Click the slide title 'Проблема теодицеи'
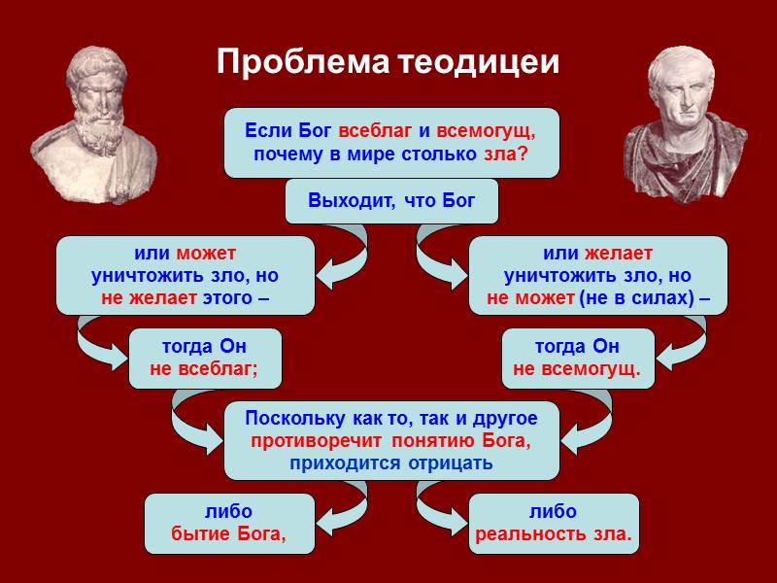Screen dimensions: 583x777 click(x=388, y=62)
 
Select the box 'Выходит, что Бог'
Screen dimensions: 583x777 click(x=391, y=201)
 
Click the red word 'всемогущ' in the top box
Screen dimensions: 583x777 click(x=486, y=131)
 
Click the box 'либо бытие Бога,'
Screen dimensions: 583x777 click(x=229, y=523)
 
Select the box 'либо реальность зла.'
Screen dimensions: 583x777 click(x=554, y=523)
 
